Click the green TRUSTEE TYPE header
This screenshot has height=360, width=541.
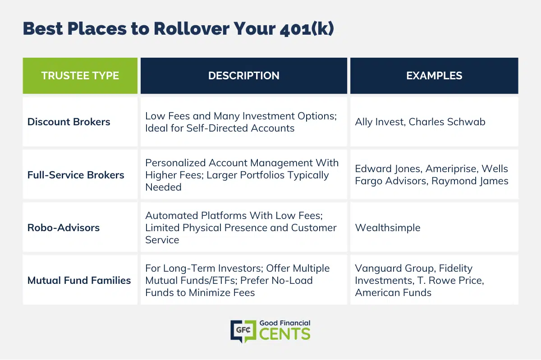point(80,76)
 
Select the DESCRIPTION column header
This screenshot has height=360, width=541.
point(244,76)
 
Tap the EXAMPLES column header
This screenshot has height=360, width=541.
point(434,76)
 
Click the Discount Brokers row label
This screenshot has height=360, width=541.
point(69,122)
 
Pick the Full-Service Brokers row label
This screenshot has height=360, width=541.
point(76,175)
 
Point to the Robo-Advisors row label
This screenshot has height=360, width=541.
point(63,228)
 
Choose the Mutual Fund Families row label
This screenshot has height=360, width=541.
point(79,280)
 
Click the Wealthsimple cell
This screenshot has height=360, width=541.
point(388,228)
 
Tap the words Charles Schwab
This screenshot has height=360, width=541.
point(447,122)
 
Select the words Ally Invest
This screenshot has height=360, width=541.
point(380,122)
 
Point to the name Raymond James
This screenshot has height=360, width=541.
point(470,181)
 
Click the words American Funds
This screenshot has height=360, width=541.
point(393,292)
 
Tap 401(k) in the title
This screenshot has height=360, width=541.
point(307,29)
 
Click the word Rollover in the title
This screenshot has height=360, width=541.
point(192,29)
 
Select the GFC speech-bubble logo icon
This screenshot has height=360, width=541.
point(243,331)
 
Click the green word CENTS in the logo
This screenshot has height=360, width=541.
point(285,334)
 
